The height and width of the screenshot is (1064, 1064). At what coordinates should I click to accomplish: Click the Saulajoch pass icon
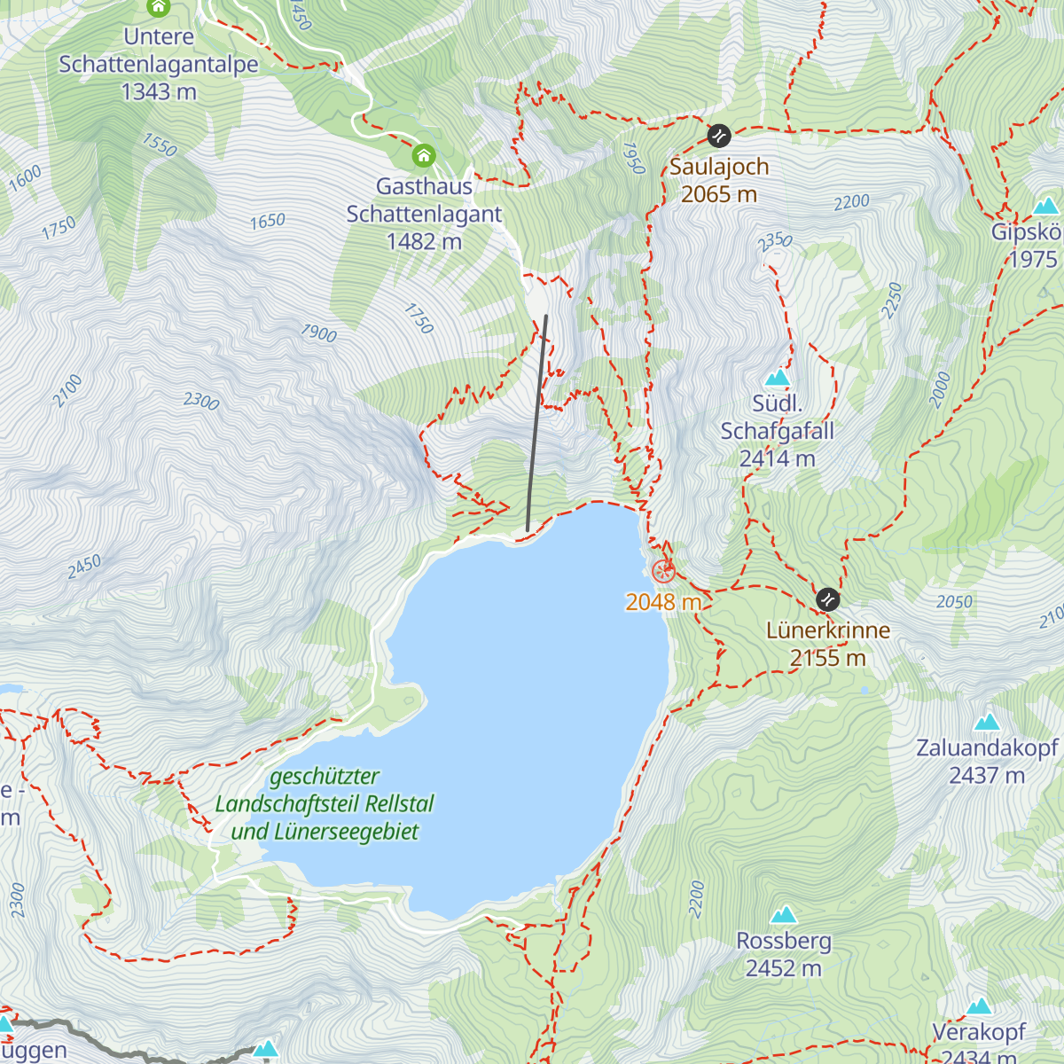coord(718,136)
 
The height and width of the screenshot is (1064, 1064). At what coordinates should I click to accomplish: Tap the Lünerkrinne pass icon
coord(827,599)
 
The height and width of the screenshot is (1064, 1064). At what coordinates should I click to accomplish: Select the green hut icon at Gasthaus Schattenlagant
coord(424,157)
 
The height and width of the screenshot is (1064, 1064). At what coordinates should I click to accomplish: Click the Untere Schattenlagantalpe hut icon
coord(159,8)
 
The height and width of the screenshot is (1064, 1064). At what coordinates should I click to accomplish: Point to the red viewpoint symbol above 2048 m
coord(663,572)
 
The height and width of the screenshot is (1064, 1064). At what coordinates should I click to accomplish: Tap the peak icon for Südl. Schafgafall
coord(777,379)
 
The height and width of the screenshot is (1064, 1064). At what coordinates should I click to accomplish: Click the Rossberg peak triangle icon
coord(783,915)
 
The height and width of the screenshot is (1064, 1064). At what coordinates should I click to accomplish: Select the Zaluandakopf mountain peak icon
coord(987,722)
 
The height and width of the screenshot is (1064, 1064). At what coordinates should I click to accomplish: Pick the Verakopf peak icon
coord(979,1006)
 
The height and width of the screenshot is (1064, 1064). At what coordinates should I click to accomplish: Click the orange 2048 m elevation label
coord(663,602)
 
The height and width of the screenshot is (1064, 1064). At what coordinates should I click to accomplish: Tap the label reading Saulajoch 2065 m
coord(718,180)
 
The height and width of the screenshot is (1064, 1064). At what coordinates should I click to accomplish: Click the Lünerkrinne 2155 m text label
coord(827,644)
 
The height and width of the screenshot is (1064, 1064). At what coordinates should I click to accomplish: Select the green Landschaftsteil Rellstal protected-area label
coord(325,804)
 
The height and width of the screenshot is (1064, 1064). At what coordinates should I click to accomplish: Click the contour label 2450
coord(84,567)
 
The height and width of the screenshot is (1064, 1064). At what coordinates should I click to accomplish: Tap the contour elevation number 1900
coord(318,333)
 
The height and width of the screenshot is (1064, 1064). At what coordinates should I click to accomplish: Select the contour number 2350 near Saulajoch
coord(774,241)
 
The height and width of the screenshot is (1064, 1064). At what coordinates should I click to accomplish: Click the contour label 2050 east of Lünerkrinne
coord(954,602)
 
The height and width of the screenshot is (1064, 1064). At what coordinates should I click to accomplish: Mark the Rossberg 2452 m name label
coord(783,954)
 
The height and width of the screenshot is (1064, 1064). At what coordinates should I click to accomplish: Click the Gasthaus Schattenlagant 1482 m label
coord(424,214)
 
